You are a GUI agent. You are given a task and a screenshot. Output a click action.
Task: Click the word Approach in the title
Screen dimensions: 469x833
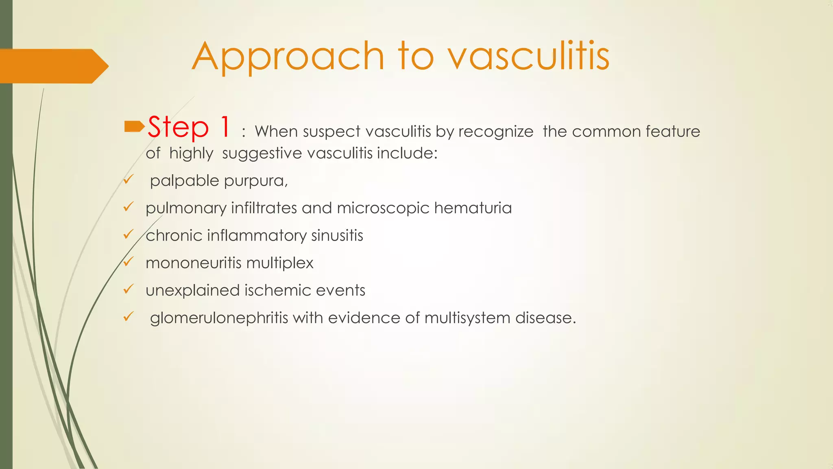(288, 57)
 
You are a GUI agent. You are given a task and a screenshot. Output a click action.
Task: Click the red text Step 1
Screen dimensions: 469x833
(189, 127)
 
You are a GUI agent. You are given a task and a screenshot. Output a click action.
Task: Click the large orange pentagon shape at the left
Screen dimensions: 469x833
(53, 66)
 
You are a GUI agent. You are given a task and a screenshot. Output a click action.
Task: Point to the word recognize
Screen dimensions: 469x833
(496, 132)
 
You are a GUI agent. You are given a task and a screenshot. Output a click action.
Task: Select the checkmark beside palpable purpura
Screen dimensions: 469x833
(129, 179)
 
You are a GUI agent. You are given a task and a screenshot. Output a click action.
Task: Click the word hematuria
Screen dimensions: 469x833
(473, 208)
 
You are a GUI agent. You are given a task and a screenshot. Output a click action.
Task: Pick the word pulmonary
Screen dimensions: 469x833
(186, 208)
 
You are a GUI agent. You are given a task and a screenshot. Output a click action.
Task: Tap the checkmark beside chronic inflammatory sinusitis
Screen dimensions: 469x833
(129, 234)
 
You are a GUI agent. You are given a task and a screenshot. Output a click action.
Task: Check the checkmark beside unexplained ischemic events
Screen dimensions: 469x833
(129, 289)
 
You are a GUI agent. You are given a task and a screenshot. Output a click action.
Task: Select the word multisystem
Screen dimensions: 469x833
(467, 318)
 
